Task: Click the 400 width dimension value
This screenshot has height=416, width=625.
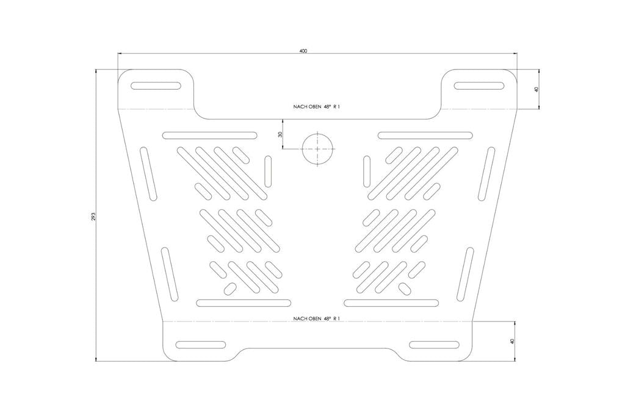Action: click(x=303, y=51)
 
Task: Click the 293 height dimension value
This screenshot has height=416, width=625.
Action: click(x=93, y=217)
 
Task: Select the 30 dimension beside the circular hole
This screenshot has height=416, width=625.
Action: click(x=280, y=134)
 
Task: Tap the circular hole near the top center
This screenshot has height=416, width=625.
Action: click(x=317, y=149)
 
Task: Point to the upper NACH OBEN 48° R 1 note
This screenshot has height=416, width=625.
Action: click(x=317, y=107)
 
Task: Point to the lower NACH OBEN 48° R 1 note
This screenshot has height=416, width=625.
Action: click(x=317, y=319)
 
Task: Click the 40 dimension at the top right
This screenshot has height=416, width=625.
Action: click(x=536, y=90)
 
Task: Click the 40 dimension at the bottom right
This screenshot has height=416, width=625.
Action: click(x=513, y=341)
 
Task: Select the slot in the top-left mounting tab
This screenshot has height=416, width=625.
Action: click(x=156, y=85)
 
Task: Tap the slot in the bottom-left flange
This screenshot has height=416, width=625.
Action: click(x=200, y=345)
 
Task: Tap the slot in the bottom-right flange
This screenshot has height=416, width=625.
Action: click(x=435, y=345)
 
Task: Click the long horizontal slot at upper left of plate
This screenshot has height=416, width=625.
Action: click(x=210, y=135)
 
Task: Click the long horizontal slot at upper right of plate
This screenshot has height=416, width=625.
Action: click(x=425, y=135)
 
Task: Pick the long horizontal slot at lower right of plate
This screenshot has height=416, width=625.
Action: click(x=391, y=303)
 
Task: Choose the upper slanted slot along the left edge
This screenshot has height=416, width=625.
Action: click(x=148, y=173)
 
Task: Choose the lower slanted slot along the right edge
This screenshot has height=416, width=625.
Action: click(x=466, y=274)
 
